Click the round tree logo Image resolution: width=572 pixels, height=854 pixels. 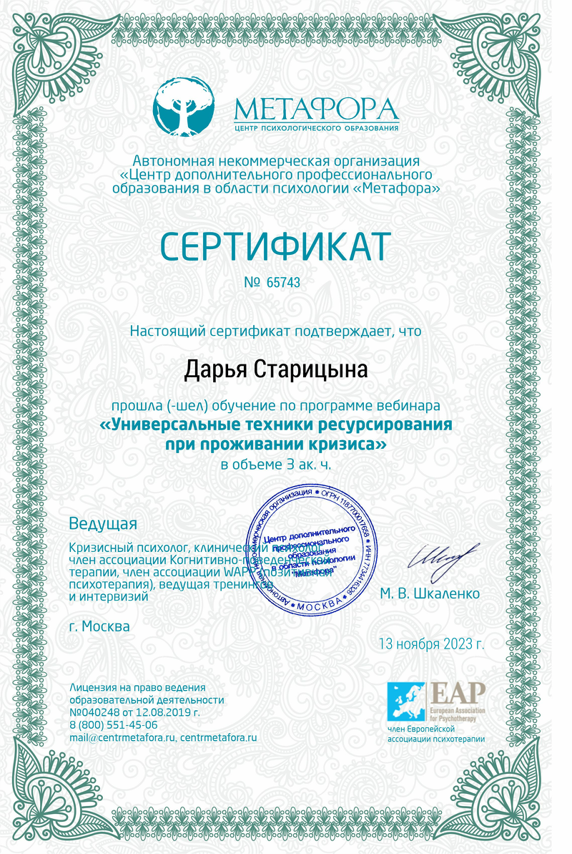(184, 108)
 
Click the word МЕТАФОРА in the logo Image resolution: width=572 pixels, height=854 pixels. (316, 109)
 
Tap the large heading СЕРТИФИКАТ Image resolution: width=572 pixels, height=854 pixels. (275, 246)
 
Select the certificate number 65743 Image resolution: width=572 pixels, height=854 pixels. (283, 283)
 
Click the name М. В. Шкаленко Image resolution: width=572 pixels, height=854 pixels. (430, 593)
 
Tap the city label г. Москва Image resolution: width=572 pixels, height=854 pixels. (100, 626)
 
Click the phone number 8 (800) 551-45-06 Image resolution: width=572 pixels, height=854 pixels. (114, 725)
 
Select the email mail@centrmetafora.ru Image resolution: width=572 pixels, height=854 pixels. (122, 737)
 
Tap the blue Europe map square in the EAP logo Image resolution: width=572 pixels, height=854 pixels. (405, 701)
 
